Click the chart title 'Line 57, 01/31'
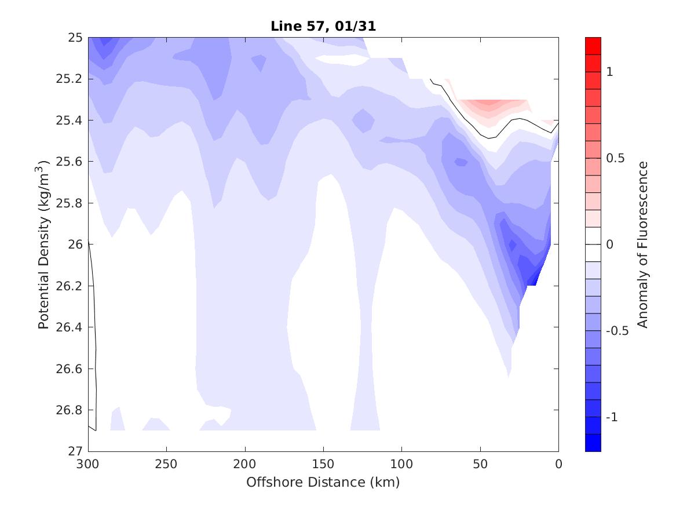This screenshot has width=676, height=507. point(323,26)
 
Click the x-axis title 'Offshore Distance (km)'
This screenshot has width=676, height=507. point(323,482)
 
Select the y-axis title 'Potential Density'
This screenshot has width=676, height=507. point(43,243)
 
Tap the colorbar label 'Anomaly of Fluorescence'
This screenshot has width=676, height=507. point(642,245)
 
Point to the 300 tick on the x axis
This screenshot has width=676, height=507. point(88,464)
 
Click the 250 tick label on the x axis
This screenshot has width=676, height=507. point(167,464)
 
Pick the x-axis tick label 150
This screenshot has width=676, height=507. point(323,464)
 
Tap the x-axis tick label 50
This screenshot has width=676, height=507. point(480,464)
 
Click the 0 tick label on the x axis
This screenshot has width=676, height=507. point(558,464)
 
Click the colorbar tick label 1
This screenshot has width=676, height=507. point(609,71)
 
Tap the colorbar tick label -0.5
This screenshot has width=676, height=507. point(616,331)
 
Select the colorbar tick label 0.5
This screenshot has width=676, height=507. point(614,158)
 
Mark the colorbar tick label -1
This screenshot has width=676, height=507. point(611,417)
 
